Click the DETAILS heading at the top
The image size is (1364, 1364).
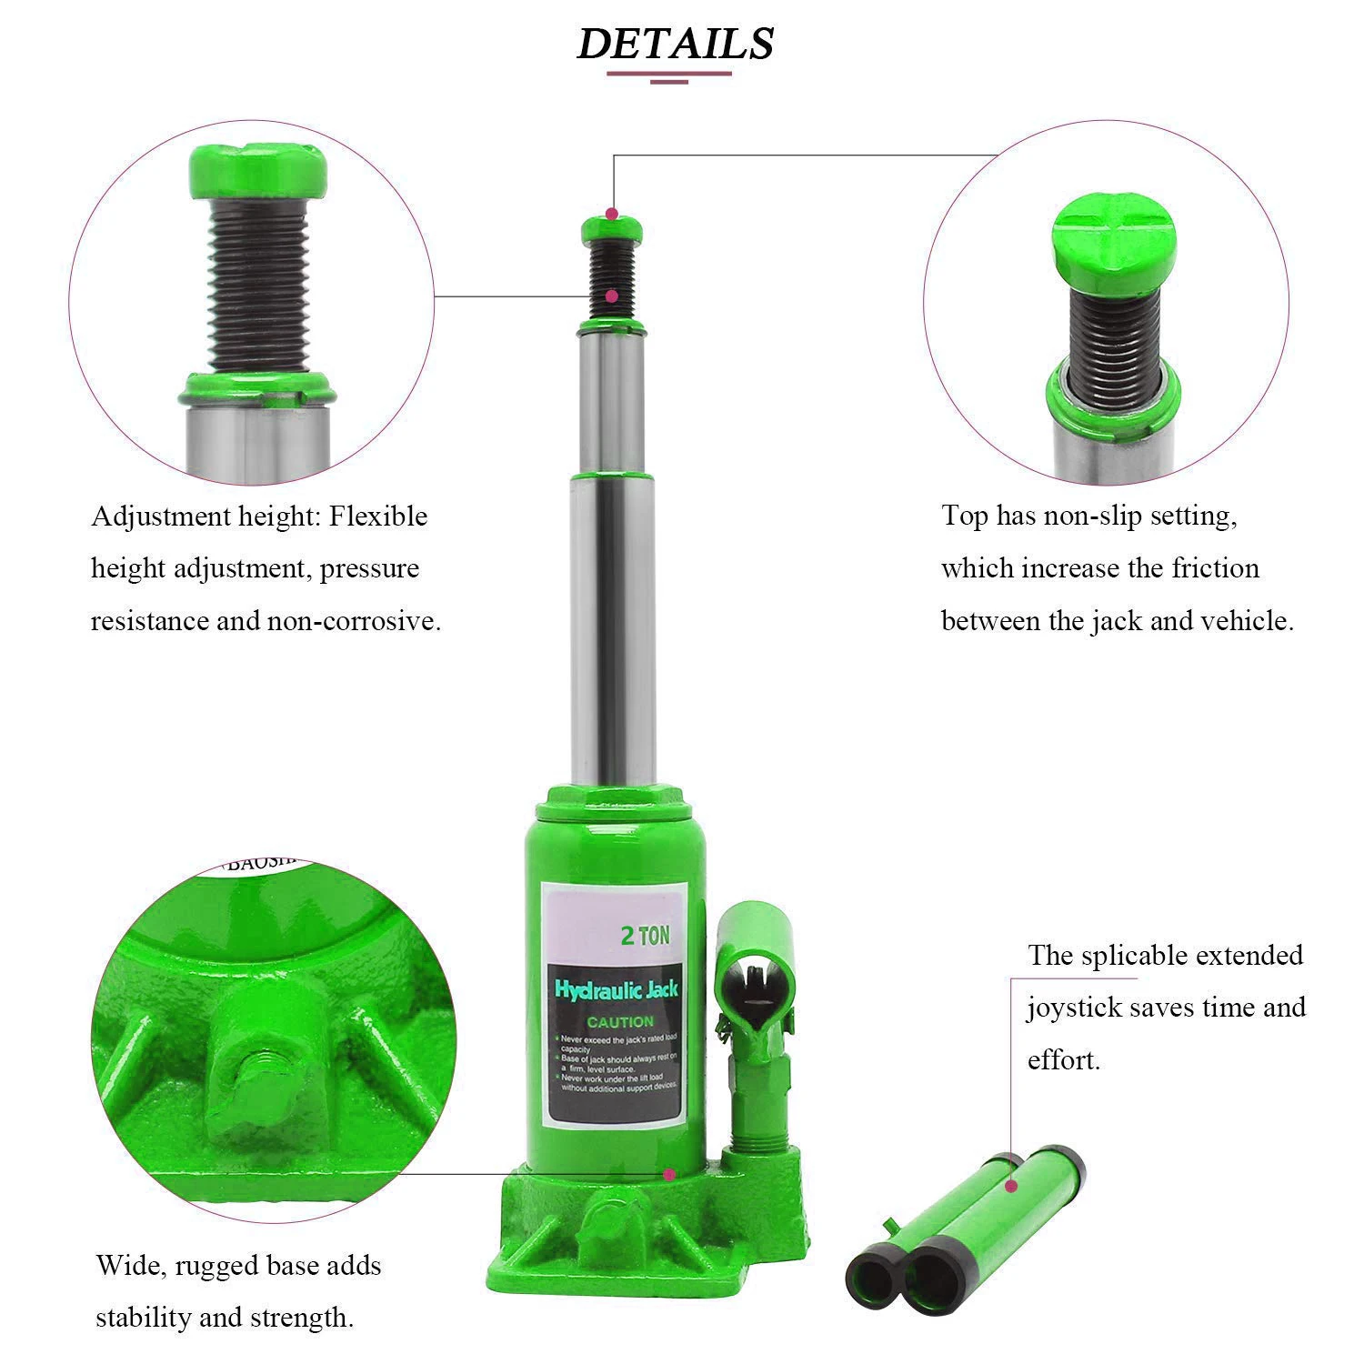coord(675,43)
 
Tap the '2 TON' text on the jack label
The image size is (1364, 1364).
coord(645,936)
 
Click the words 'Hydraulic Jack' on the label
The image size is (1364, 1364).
coord(617,989)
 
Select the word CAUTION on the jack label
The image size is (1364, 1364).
coord(619,1022)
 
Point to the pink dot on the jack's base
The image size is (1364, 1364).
coord(669,1174)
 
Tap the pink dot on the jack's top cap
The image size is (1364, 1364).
coord(613,215)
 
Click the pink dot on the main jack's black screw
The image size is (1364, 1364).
coord(612,296)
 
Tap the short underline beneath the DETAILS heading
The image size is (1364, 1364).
coord(668,82)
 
